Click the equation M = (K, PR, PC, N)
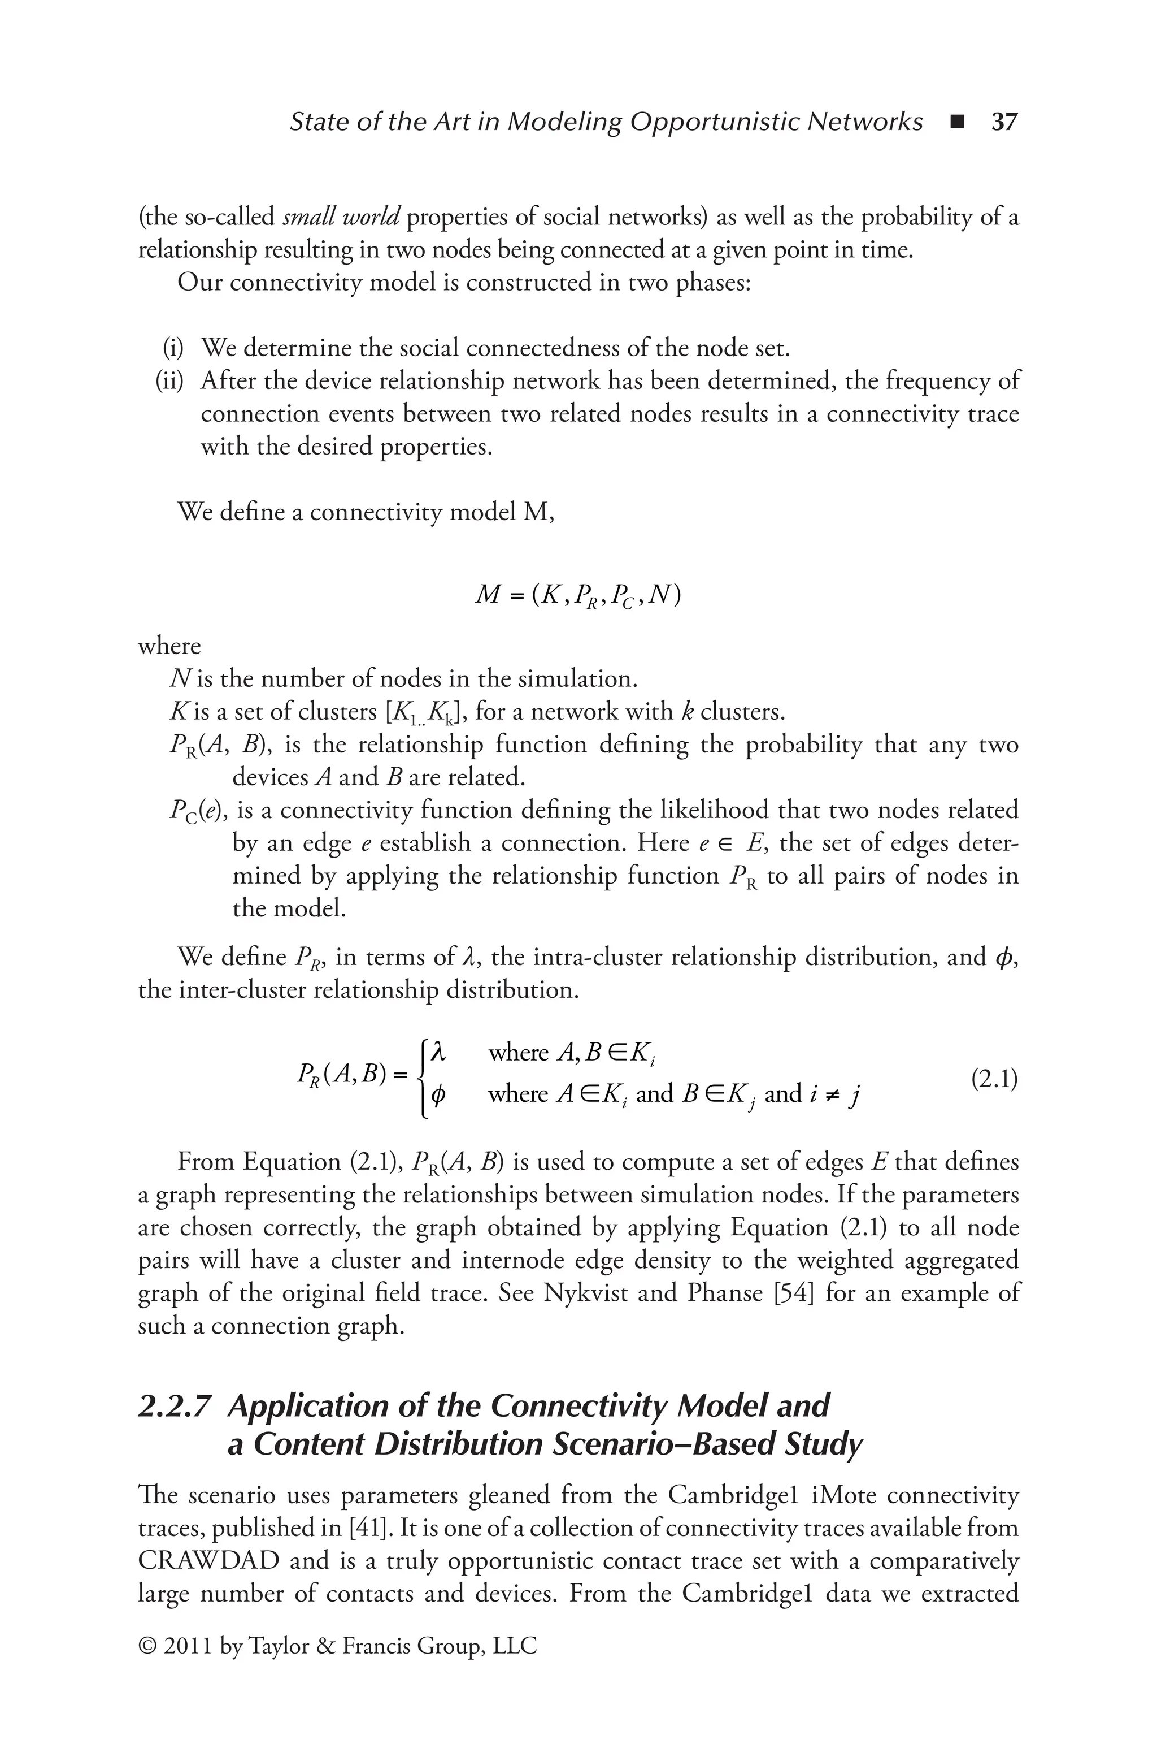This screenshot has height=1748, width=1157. pos(578,595)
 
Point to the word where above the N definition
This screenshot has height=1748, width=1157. pos(169,646)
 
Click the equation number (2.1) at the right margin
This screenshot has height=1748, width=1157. pos(994,1079)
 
